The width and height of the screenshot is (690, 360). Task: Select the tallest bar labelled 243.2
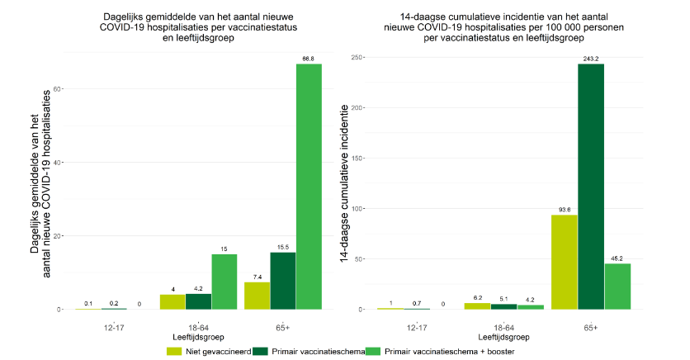590,186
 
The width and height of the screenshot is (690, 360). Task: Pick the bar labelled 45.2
617,286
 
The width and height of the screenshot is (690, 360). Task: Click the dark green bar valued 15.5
283,281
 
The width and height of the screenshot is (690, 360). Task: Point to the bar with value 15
224,282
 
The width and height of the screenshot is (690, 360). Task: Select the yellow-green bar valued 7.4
257,296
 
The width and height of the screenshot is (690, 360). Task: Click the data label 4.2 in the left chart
198,288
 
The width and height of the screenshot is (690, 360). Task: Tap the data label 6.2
478,297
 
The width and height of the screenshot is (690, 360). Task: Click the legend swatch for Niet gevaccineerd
174,351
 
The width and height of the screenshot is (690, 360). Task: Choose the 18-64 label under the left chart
198,326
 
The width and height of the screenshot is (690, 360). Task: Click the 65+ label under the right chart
590,326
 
